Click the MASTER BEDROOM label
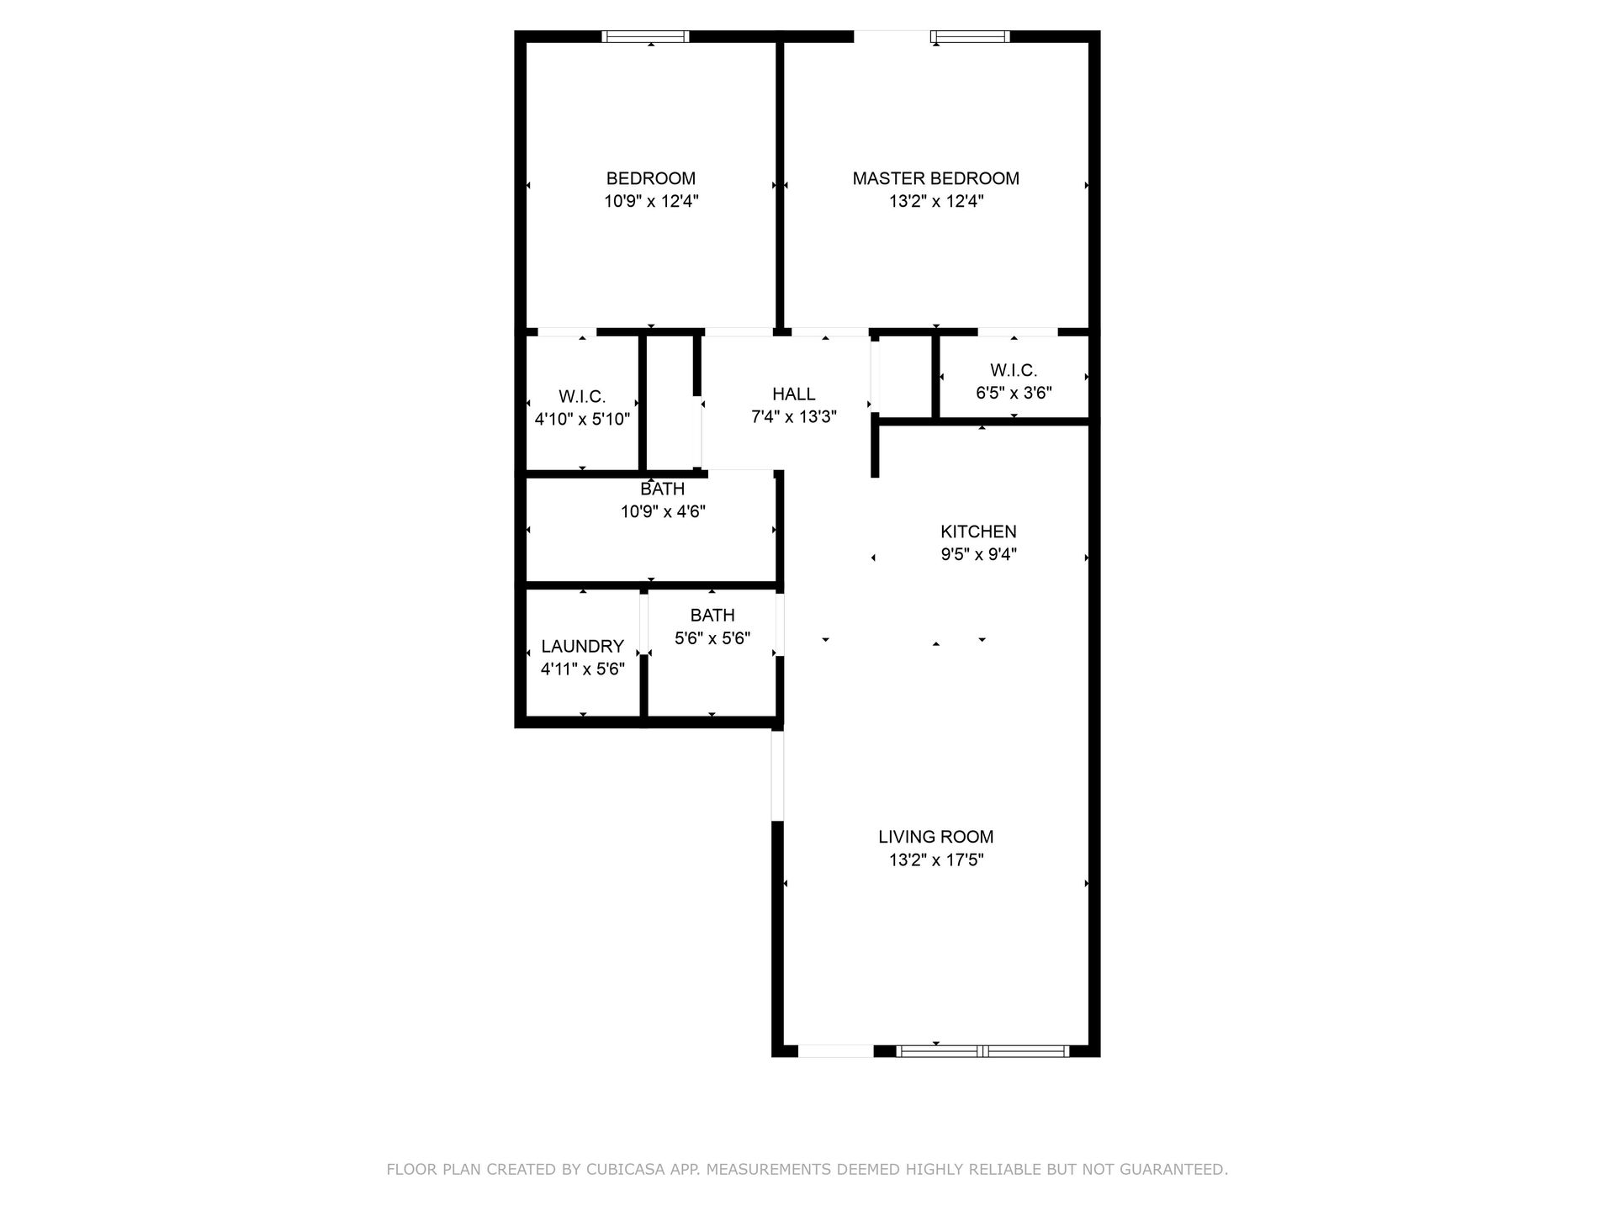click(935, 178)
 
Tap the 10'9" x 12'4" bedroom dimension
click(651, 202)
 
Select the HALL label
click(793, 394)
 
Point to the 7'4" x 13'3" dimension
click(793, 417)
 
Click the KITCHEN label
click(978, 531)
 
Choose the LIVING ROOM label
click(935, 837)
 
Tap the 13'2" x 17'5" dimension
click(935, 860)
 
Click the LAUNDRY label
click(582, 646)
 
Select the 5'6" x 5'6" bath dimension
click(712, 638)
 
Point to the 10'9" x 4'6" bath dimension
click(663, 511)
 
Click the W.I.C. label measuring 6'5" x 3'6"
click(1013, 370)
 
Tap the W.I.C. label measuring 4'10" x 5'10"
click(582, 396)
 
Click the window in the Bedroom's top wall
click(646, 36)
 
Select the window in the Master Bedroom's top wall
click(969, 36)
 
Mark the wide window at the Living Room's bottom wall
click(982, 1050)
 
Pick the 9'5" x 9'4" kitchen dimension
click(978, 554)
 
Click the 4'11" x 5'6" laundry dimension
click(582, 669)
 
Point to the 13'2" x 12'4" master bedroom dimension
click(935, 202)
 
